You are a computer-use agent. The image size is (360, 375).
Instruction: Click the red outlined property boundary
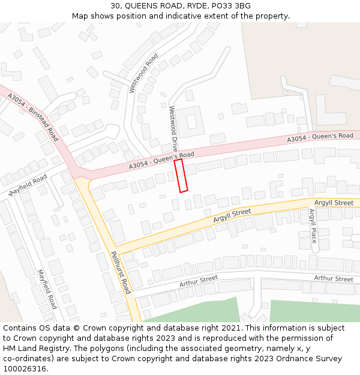[x=181, y=175]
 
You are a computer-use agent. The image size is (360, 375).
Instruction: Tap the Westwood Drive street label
[x=173, y=128]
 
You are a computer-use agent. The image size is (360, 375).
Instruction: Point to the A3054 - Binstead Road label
[x=33, y=115]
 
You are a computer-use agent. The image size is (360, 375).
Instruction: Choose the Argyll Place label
[x=313, y=226]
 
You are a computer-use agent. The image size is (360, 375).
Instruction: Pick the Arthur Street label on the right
[x=334, y=278]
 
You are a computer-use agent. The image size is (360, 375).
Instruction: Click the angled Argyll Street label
[x=232, y=216]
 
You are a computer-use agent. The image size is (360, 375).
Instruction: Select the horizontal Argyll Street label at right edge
[x=334, y=203]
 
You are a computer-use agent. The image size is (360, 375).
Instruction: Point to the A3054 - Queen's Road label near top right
[x=320, y=137]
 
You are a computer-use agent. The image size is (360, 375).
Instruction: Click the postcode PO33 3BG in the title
[x=230, y=6]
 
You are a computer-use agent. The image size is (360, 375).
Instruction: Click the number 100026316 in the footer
[x=26, y=368]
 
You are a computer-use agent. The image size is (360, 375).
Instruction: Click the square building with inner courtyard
[x=191, y=121]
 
